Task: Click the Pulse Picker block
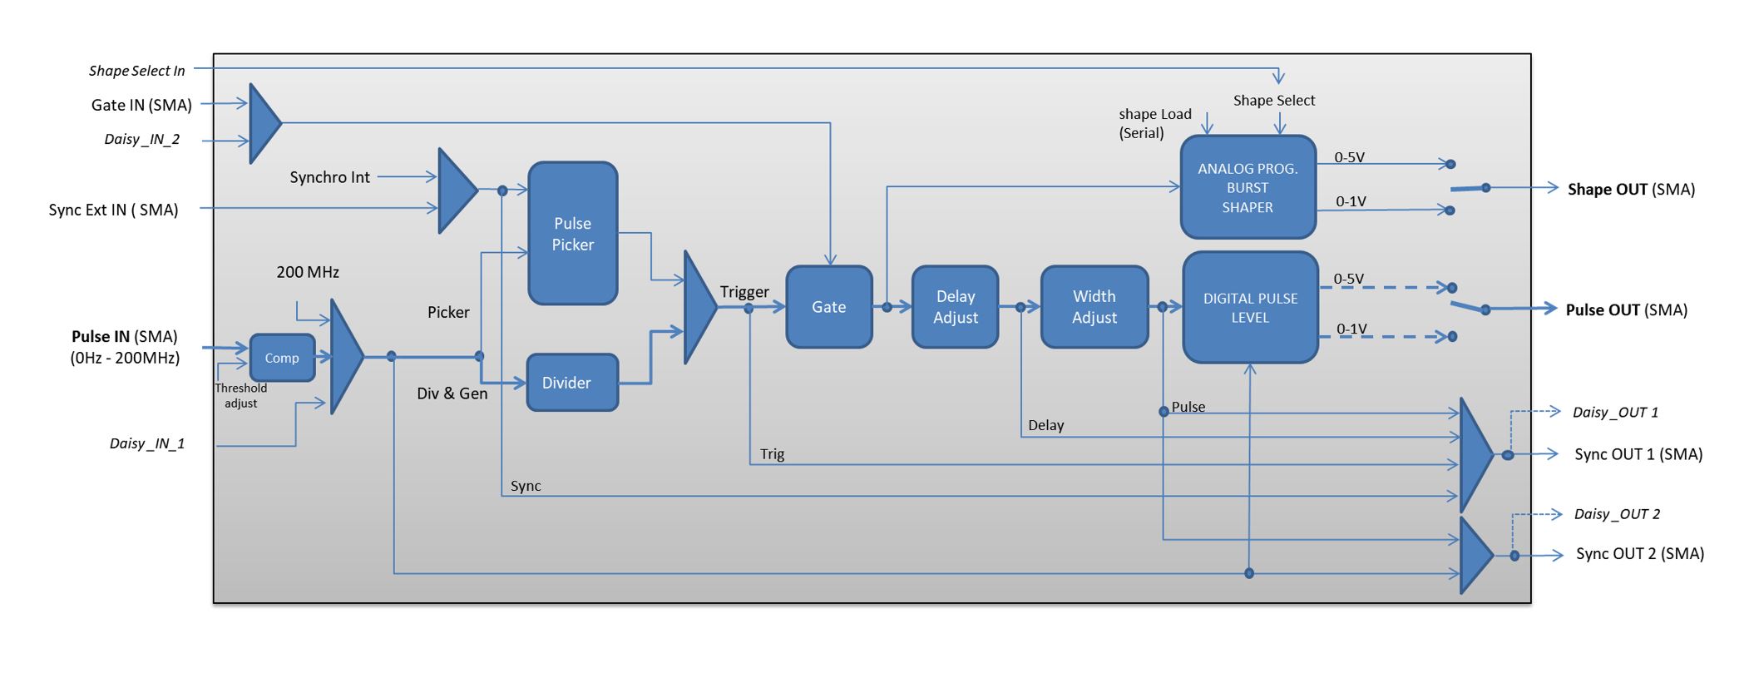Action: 572,234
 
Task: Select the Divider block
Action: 572,383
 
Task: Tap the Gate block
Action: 828,307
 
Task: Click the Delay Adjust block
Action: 955,307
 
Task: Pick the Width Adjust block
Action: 1094,307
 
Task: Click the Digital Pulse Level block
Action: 1249,308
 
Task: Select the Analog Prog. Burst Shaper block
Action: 1247,188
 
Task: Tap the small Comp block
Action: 282,358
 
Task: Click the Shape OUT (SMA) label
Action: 1630,190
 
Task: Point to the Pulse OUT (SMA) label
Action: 1626,310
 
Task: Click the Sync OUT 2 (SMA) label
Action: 1639,554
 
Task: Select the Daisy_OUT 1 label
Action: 1614,413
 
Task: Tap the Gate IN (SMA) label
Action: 141,105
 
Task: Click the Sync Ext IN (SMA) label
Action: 113,210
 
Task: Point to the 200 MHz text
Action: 307,272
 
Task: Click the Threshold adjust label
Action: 240,395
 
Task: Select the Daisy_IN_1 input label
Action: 147,443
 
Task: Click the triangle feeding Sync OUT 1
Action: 1475,454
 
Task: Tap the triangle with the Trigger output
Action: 699,308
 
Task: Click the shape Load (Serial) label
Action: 1154,123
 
